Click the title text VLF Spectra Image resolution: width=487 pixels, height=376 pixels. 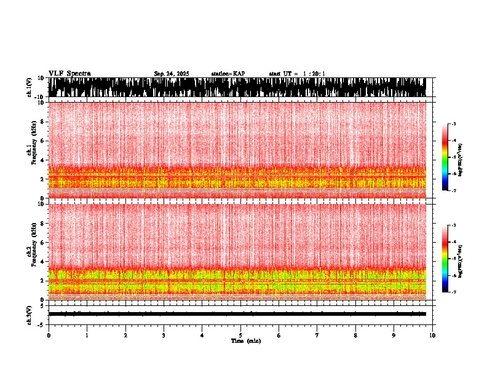pyautogui.click(x=69, y=74)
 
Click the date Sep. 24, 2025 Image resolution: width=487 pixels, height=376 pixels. pyautogui.click(x=171, y=74)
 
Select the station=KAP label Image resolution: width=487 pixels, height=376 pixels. pyautogui.click(x=228, y=74)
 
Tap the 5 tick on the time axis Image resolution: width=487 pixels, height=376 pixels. pyautogui.click(x=240, y=335)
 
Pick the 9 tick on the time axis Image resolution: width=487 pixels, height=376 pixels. pyautogui.click(x=394, y=335)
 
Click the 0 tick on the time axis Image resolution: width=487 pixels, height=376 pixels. pyautogui.click(x=49, y=335)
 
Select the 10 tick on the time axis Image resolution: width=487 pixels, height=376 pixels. pyautogui.click(x=432, y=335)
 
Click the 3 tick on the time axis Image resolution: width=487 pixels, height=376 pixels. pyautogui.click(x=164, y=335)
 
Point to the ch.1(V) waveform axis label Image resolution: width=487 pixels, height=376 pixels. pyautogui.click(x=29, y=87)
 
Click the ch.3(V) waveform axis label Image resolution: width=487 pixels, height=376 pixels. pyautogui.click(x=29, y=314)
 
